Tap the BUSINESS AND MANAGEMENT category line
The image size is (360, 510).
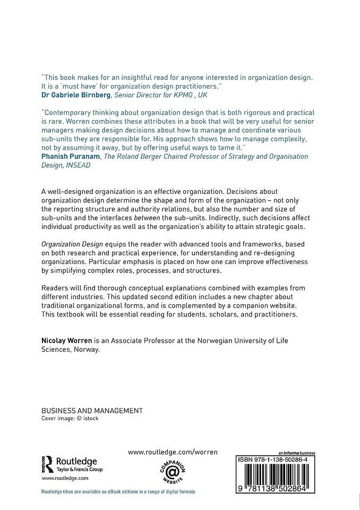click(92, 410)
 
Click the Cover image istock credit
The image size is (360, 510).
click(70, 418)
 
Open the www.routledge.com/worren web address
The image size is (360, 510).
click(173, 452)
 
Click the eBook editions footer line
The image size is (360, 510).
click(118, 492)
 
